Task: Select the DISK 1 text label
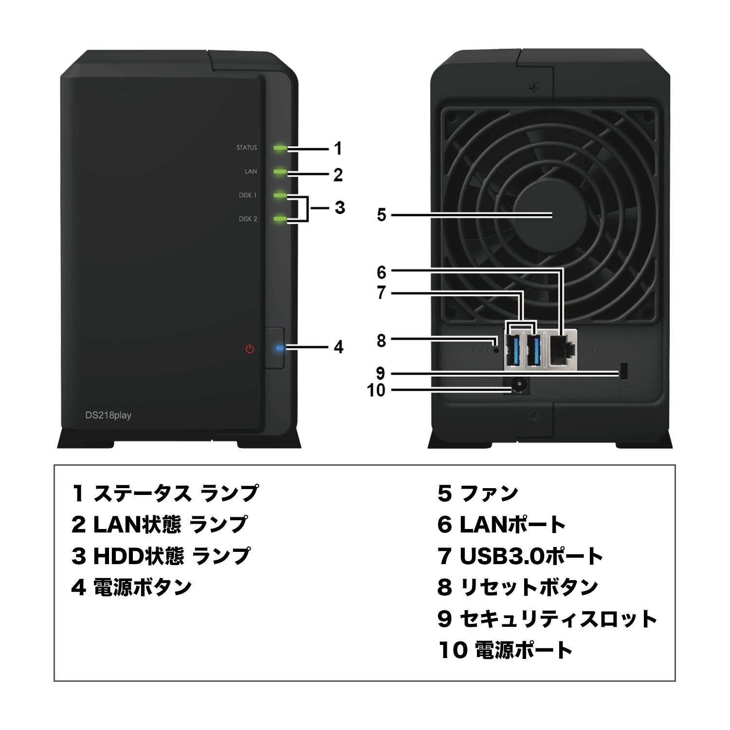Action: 247,195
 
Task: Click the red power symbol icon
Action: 250,349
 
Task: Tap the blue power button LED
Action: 279,348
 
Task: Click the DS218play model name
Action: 108,415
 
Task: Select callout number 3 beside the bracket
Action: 340,208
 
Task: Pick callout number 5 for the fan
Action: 382,215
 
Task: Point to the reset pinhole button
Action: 496,349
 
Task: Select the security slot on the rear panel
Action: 623,371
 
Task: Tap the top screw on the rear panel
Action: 534,88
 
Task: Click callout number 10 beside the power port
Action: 376,390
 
